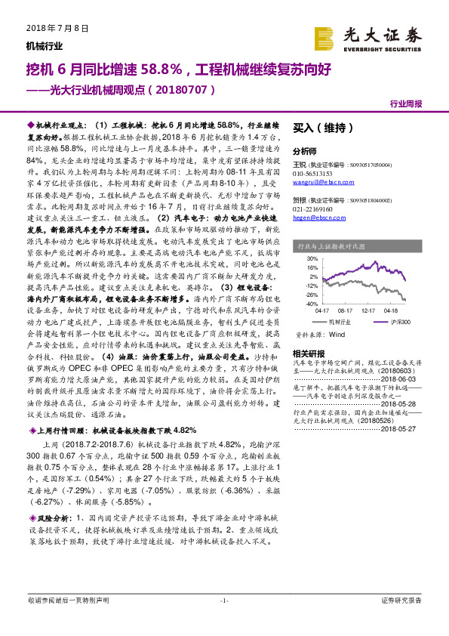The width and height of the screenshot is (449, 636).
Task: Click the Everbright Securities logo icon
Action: (324, 37)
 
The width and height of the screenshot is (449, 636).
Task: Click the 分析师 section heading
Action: (305, 151)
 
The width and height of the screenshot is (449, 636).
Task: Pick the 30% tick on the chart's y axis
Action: (307, 257)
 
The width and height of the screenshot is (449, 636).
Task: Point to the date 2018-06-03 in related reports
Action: (404, 380)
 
